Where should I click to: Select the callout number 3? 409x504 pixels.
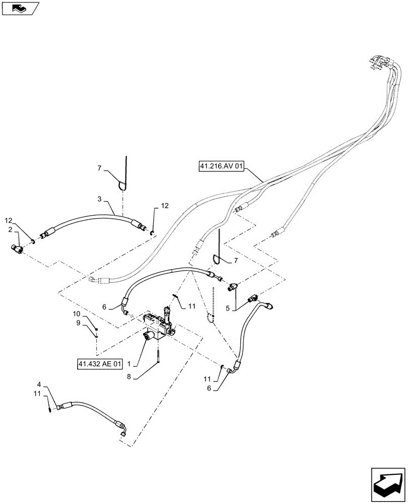[x=100, y=199]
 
